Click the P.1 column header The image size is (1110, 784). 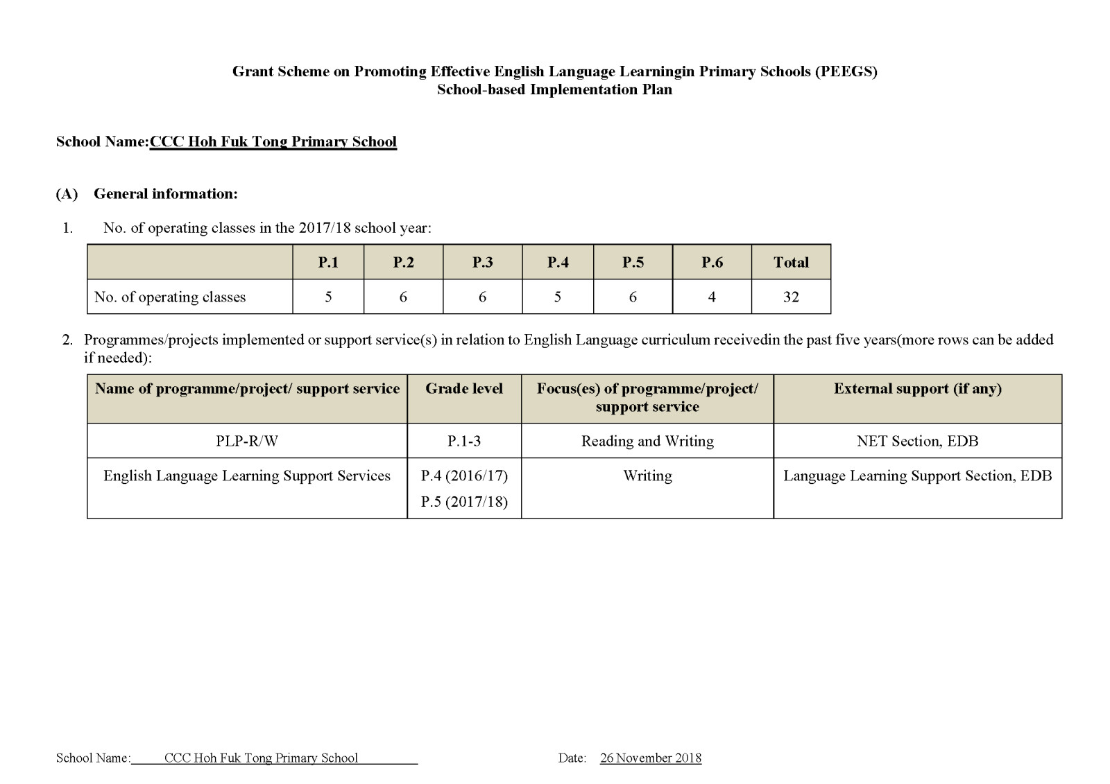coord(328,262)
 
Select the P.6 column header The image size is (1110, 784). coord(712,262)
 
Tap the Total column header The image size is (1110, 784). coord(791,262)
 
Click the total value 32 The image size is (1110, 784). coord(791,297)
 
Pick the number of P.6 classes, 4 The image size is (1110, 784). coord(712,297)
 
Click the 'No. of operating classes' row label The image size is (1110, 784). coord(170,297)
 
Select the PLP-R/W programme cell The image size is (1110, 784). coord(247,441)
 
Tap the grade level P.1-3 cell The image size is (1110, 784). coord(464,441)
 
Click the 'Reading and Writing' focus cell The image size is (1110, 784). coord(647,441)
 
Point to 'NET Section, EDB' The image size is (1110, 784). coord(917,441)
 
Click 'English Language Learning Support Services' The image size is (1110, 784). coord(247,476)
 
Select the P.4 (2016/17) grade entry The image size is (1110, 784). coord(464,476)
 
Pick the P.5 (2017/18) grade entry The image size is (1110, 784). coord(464,502)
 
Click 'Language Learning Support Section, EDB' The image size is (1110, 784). coord(917,476)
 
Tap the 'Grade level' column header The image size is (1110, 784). coord(464,388)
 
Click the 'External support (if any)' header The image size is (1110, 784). coord(917,388)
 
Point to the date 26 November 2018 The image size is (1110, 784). coord(651,758)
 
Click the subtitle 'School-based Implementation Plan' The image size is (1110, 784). coord(554,89)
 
